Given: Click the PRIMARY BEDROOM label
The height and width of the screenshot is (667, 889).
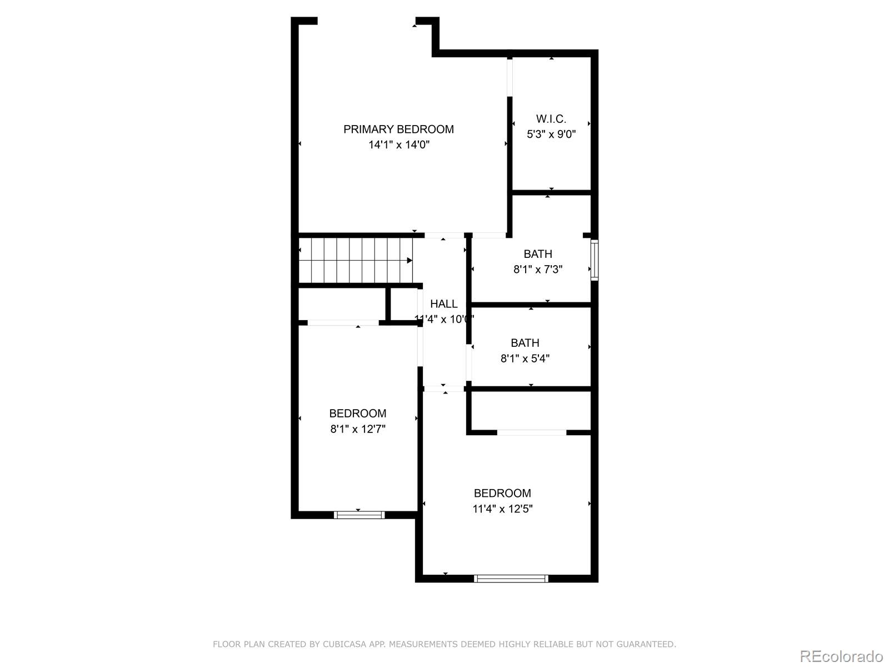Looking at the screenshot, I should (x=398, y=129).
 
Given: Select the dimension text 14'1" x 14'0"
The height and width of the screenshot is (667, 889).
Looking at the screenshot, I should (x=399, y=145).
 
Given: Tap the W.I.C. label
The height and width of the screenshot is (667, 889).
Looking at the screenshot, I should (x=551, y=119).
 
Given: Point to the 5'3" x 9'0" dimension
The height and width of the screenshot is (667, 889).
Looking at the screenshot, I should (x=551, y=134).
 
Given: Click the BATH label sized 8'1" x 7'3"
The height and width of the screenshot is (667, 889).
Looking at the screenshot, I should (x=538, y=254).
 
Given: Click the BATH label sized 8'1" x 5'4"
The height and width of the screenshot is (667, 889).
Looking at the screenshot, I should (x=525, y=343).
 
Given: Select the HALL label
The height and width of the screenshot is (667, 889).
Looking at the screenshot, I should (x=444, y=304).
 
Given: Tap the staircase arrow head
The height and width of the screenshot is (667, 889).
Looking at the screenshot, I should (x=409, y=260).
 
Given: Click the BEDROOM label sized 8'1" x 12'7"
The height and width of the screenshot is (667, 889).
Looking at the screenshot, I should (x=357, y=414).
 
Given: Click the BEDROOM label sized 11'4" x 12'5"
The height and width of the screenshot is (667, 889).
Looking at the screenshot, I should (x=502, y=493).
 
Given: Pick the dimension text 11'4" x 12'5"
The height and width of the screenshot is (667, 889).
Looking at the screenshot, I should (x=502, y=509).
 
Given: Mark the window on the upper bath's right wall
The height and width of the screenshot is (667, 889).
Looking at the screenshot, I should (x=594, y=260).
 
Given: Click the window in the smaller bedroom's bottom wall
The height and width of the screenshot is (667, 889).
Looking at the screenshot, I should (x=359, y=515).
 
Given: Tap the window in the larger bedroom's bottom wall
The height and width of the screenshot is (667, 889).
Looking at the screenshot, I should (x=511, y=579).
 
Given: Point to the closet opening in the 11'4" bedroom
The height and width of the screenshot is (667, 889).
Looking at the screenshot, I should (x=531, y=432).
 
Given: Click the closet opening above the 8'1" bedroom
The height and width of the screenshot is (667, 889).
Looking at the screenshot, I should (x=343, y=322).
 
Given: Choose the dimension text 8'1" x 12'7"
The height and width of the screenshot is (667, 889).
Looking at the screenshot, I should (x=358, y=429).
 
